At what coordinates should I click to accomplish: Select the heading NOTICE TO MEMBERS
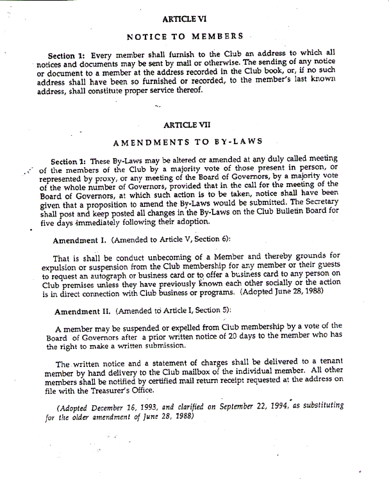186,36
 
